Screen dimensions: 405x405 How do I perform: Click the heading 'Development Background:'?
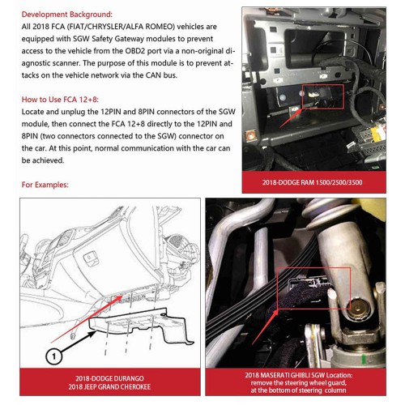coord(66,15)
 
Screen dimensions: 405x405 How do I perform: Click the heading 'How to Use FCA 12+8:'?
coord(60,100)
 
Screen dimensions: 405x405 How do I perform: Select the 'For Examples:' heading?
coord(45,185)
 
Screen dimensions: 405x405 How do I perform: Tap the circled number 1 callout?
coord(54,356)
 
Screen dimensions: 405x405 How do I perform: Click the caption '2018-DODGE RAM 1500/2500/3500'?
coord(313,182)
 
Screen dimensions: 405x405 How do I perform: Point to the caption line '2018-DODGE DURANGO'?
coord(109,378)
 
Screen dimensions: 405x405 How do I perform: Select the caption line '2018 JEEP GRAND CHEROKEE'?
coord(109,386)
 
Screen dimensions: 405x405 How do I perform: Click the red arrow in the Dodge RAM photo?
coord(291,117)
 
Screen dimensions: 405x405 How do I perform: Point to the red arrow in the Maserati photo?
coord(265,327)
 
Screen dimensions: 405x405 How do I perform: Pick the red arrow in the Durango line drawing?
coord(87,319)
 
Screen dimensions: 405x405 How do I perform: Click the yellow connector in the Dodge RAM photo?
coord(377,134)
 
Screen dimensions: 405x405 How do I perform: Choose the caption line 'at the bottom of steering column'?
coord(298,390)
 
